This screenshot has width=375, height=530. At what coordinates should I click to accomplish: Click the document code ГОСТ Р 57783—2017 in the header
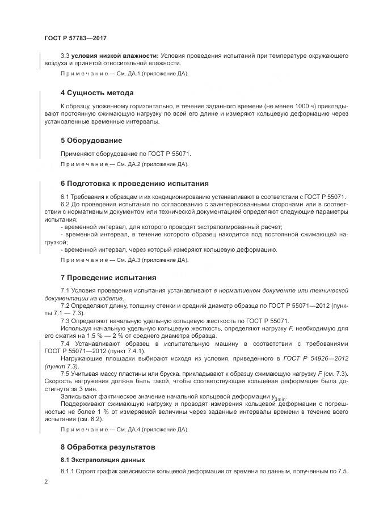[75, 38]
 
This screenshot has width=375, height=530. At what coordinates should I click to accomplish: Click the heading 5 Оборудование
[91, 140]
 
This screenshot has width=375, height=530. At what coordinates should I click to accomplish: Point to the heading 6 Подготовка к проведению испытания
[134, 184]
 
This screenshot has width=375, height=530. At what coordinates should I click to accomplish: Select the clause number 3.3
[65, 56]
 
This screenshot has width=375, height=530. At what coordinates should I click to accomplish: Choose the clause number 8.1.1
[68, 472]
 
